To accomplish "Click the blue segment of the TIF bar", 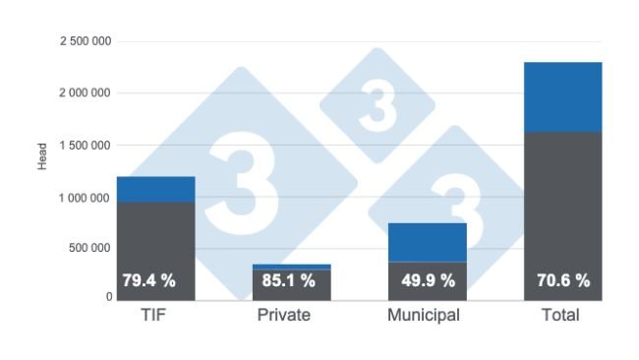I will (x=155, y=189).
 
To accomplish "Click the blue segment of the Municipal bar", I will (x=428, y=242).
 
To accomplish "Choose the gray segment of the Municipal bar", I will (x=428, y=295).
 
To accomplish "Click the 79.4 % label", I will (x=148, y=281).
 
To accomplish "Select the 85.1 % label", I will (x=289, y=281).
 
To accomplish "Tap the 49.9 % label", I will (x=429, y=281).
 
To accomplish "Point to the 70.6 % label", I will (x=563, y=281).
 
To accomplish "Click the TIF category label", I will (x=154, y=316).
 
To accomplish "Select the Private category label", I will (x=284, y=316).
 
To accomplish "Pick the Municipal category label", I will (x=424, y=316).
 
